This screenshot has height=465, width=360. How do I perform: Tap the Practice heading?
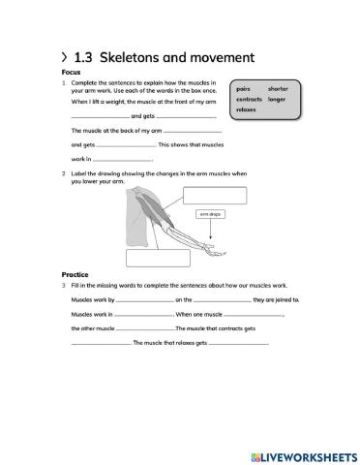pyautogui.click(x=75, y=274)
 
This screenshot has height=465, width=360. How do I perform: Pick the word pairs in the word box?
pyautogui.click(x=244, y=88)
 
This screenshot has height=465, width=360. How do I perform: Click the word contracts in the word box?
pyautogui.click(x=250, y=99)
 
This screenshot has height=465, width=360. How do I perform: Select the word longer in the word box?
pyautogui.click(x=277, y=99)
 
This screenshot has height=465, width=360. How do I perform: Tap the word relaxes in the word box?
pyautogui.click(x=247, y=109)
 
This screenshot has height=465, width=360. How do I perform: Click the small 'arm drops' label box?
pyautogui.click(x=211, y=214)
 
